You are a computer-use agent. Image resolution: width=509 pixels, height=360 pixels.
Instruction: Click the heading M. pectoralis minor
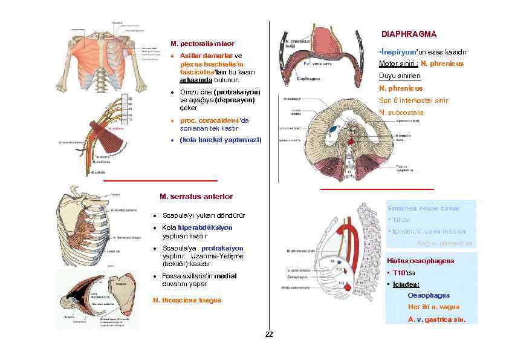[x=203, y=44]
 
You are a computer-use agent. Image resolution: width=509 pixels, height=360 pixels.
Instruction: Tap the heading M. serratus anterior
[x=196, y=197]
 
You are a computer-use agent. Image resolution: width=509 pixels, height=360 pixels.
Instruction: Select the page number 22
[x=270, y=335]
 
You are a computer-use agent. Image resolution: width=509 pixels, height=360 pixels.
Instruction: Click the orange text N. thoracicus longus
[x=187, y=300]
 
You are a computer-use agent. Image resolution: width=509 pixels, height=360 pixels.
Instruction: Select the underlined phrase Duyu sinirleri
[x=400, y=76]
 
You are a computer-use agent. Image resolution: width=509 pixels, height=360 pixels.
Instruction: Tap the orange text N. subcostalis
[x=401, y=113]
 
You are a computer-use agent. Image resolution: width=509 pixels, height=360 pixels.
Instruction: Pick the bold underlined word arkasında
[x=196, y=80]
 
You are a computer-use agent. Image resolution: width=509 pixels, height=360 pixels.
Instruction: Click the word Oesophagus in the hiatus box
[x=429, y=295]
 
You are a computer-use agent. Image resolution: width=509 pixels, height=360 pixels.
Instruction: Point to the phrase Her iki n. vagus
[x=429, y=307]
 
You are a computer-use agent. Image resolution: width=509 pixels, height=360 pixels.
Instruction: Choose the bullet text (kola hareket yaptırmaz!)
[x=221, y=140]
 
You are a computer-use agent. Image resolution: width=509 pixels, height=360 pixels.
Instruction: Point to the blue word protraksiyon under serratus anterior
[x=222, y=248]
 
